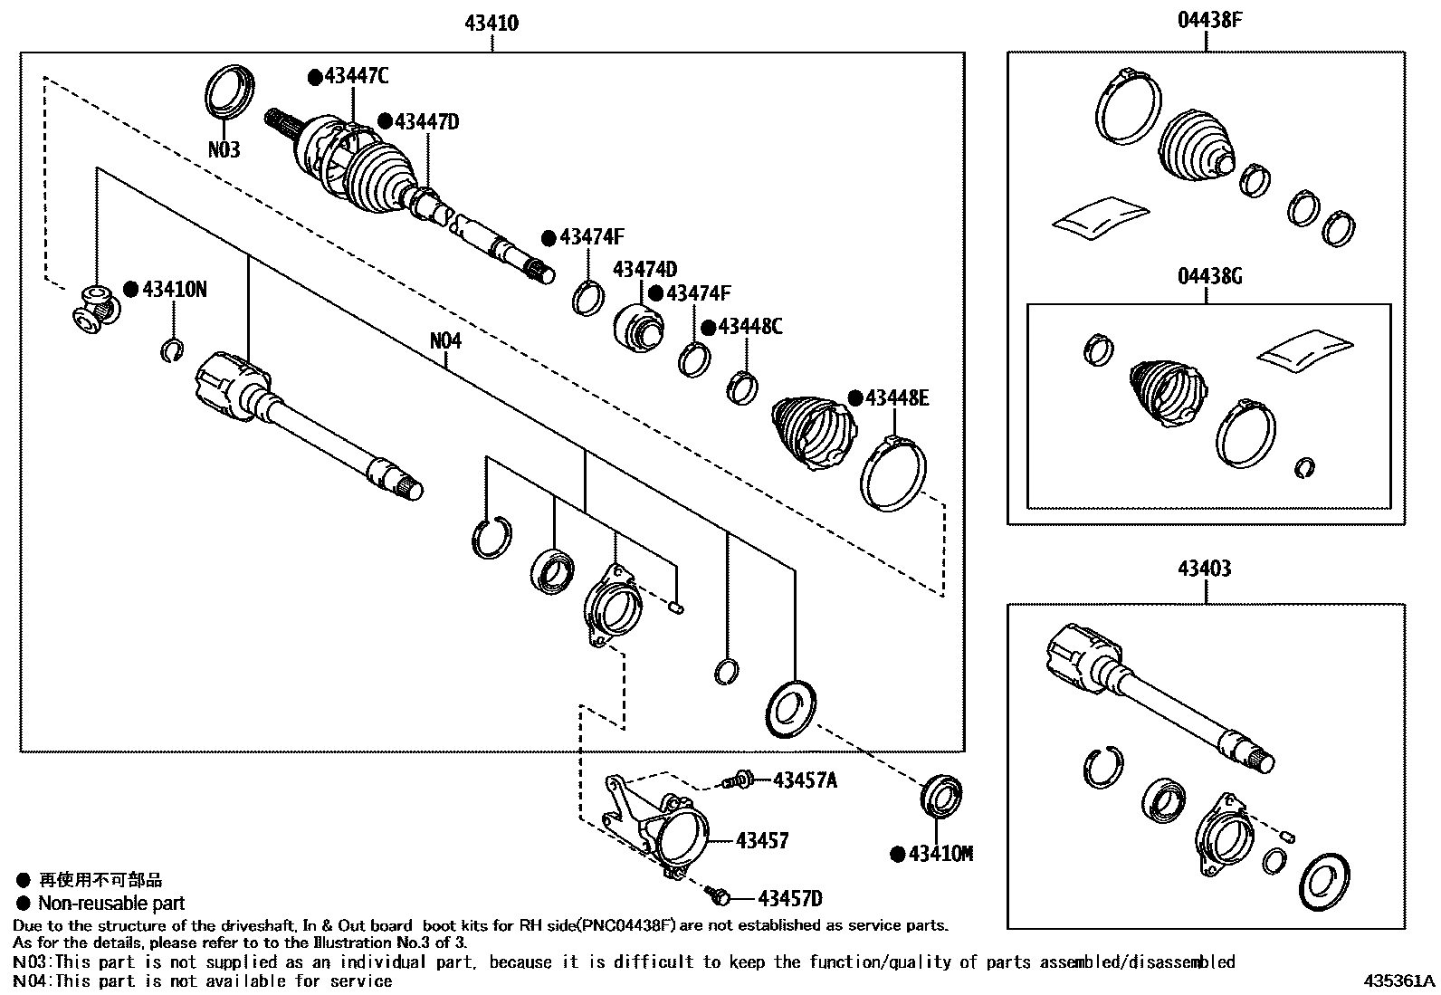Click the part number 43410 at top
[491, 24]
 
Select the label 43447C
[356, 77]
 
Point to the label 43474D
[644, 270]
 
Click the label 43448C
[749, 327]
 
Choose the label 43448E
[896, 398]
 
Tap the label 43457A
[805, 780]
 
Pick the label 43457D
[790, 898]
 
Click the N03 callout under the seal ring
[224, 149]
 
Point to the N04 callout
[445, 341]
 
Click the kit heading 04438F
[1208, 20]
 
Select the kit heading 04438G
[1209, 276]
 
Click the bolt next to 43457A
[739, 779]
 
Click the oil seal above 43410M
[941, 798]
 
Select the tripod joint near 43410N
[93, 309]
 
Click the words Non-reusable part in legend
[111, 903]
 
